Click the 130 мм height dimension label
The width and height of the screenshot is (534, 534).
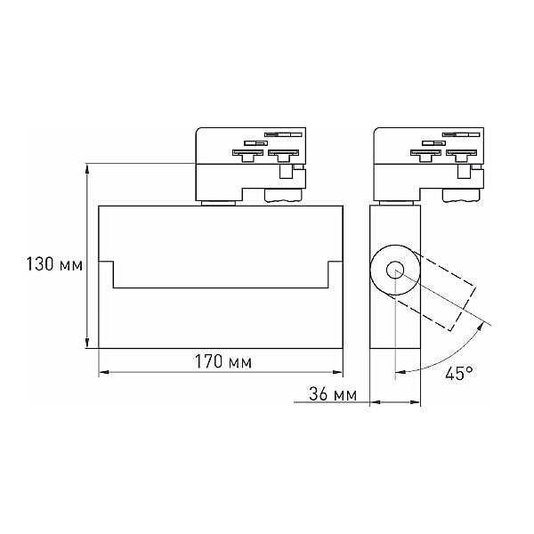tap(54, 264)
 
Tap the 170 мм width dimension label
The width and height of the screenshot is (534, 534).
tap(223, 361)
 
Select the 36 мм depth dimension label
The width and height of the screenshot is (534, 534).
tap(333, 394)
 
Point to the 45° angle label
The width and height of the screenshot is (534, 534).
tap(459, 373)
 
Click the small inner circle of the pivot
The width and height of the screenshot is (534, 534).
tap(395, 270)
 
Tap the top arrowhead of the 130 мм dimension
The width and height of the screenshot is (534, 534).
tap(87, 169)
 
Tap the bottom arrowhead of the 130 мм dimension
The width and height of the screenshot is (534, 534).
tap(87, 343)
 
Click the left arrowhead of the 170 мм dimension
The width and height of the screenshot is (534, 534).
tap(104, 372)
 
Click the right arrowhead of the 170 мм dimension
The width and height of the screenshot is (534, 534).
tap(337, 372)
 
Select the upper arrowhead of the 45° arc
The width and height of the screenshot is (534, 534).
tap(481, 327)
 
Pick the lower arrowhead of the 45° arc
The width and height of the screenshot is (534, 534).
tap(400, 371)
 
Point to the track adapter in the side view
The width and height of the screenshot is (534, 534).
tap(428, 165)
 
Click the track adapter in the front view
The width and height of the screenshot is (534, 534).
tap(250, 165)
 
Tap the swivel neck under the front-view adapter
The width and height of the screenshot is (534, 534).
tap(218, 203)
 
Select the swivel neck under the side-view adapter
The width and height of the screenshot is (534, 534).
tap(396, 203)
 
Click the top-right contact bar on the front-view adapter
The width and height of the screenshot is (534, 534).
tap(283, 134)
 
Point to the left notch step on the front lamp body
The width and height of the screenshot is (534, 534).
tap(106, 274)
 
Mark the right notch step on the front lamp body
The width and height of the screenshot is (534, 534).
tap(336, 274)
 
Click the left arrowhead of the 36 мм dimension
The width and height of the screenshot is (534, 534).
tap(375, 402)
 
